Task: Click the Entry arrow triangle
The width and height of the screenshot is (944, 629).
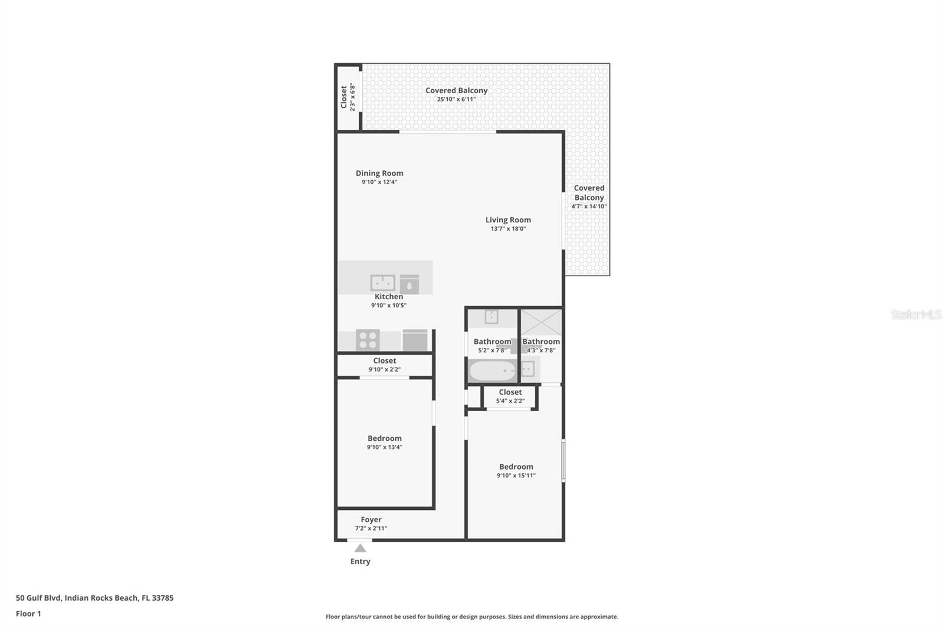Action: click(360, 548)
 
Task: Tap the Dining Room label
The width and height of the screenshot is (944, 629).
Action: click(379, 173)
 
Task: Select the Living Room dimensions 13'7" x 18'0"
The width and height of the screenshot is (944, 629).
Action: click(508, 229)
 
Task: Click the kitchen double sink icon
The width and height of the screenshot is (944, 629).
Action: click(382, 283)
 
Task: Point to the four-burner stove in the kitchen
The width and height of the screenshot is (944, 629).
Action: click(368, 340)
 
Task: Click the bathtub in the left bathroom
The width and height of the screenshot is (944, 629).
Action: click(493, 371)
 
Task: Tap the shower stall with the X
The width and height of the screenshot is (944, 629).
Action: click(541, 322)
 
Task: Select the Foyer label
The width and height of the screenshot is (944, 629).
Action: click(371, 519)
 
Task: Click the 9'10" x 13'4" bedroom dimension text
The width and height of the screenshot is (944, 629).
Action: click(385, 447)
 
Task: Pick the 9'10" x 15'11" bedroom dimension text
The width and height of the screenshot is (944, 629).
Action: click(516, 476)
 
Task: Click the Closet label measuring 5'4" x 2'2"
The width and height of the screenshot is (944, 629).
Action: click(510, 392)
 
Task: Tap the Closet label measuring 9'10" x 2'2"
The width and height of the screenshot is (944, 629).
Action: click(385, 361)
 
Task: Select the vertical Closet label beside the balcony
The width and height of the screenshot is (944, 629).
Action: click(344, 97)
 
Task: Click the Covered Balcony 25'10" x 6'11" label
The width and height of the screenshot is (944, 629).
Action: click(457, 90)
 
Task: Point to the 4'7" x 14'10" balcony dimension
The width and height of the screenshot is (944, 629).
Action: click(589, 207)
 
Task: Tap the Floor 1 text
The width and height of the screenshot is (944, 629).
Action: click(28, 614)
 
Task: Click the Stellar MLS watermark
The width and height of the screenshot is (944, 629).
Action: click(916, 314)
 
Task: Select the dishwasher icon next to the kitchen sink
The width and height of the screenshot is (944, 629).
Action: click(409, 284)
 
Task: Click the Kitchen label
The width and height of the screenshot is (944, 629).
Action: click(389, 296)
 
